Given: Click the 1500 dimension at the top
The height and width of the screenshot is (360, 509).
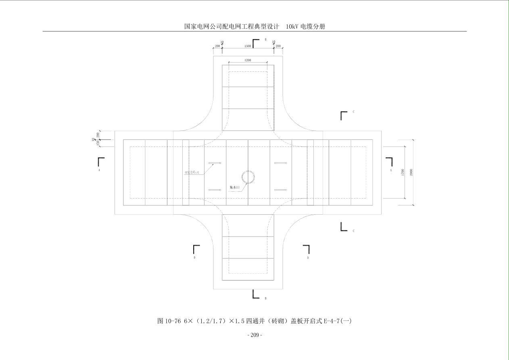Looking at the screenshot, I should (248, 46).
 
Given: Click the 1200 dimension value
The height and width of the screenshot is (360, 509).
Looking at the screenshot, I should (248, 60).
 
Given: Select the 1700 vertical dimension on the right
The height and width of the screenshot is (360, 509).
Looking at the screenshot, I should (403, 172).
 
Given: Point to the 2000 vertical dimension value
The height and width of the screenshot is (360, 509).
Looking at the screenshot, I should (411, 172).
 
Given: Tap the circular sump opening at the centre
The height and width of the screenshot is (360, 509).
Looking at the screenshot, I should (248, 177).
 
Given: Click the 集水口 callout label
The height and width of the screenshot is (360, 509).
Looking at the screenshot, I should (235, 187).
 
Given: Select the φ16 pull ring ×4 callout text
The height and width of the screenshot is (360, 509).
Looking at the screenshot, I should (192, 172).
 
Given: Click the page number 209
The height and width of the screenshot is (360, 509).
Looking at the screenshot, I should (254, 335).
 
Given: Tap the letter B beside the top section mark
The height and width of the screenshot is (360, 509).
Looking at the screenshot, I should (265, 40).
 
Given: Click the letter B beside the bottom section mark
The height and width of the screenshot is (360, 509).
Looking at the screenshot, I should (265, 299).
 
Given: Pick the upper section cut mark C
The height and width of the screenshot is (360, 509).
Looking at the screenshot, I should (344, 115).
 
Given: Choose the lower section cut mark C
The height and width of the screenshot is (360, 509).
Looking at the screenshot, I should (344, 227).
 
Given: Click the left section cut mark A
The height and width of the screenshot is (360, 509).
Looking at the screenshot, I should (101, 161).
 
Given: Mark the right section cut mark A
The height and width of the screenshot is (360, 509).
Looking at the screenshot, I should (389, 161).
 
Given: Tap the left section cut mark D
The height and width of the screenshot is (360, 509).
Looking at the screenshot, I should (196, 249).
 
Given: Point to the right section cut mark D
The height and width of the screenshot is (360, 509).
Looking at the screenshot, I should (307, 249).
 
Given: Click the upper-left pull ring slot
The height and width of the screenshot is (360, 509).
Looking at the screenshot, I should (215, 163).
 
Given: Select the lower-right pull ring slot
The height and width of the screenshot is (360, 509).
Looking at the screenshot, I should (281, 190).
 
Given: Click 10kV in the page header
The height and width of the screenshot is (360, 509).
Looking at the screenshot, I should (292, 27).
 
